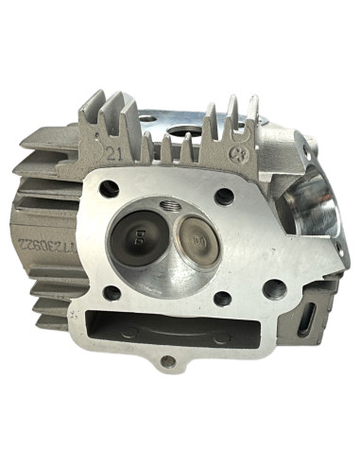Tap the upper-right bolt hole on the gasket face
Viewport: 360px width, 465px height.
[225, 197]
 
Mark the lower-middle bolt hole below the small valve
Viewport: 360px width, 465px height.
[223, 299]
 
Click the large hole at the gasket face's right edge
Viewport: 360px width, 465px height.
[274, 288]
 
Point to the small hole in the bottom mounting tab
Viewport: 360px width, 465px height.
[167, 361]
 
